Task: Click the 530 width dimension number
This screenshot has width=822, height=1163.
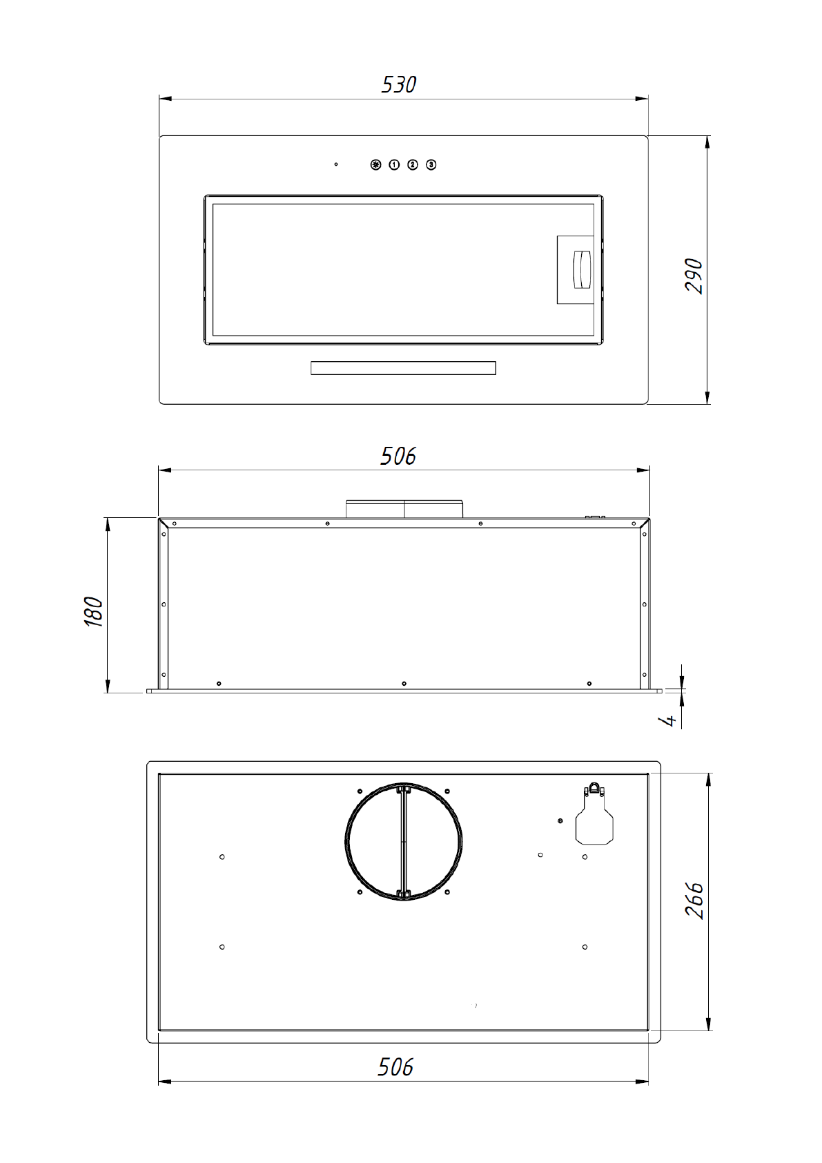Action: pyautogui.click(x=398, y=85)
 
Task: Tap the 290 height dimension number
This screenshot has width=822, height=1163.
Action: pyautogui.click(x=694, y=276)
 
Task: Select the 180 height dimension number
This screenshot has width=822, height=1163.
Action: pyautogui.click(x=93, y=612)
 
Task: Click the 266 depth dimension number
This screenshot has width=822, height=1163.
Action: pyautogui.click(x=694, y=901)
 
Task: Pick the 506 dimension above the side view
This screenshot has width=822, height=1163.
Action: pyautogui.click(x=398, y=456)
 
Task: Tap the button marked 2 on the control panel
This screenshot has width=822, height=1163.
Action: pyautogui.click(x=413, y=164)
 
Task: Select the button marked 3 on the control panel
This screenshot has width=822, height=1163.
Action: pyautogui.click(x=431, y=164)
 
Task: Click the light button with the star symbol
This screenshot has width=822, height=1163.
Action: pyautogui.click(x=375, y=164)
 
